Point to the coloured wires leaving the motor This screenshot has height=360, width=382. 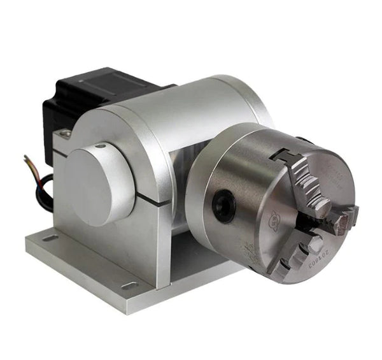point(33,166)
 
